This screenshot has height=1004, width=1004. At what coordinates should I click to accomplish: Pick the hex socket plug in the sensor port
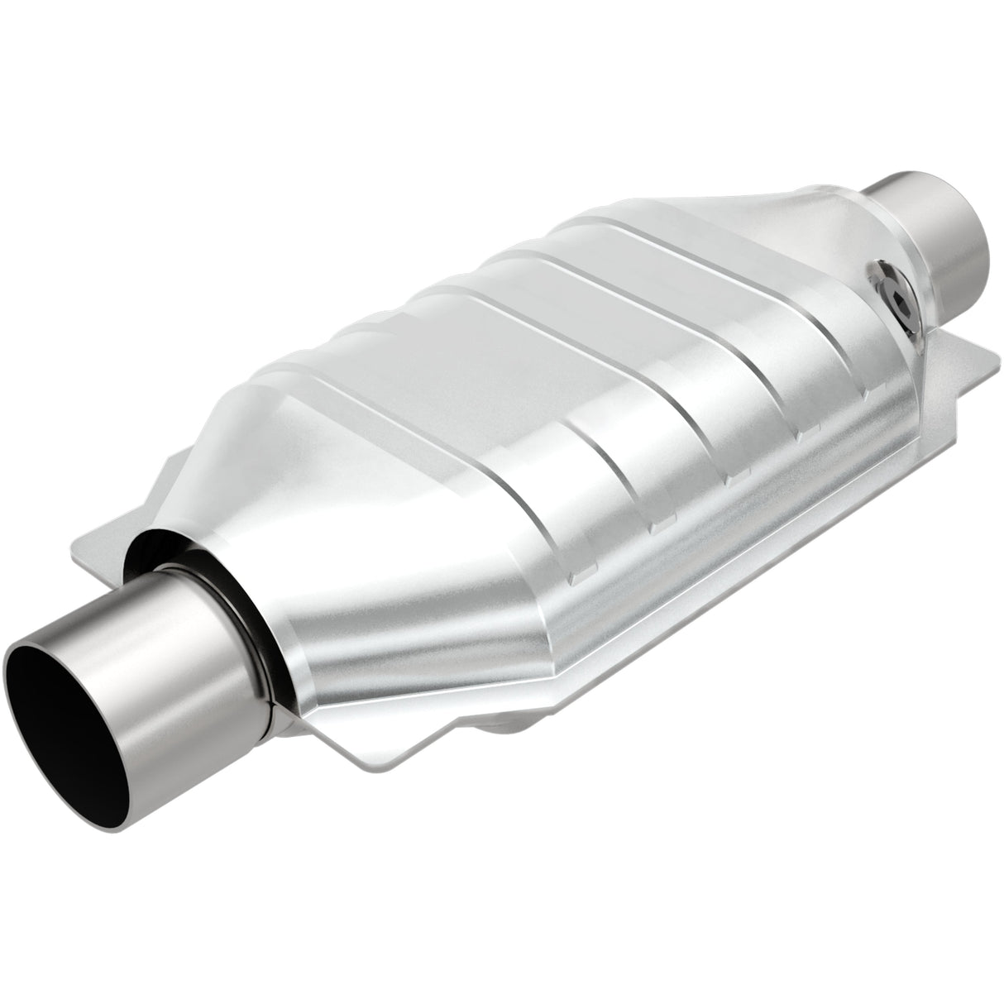891,291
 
